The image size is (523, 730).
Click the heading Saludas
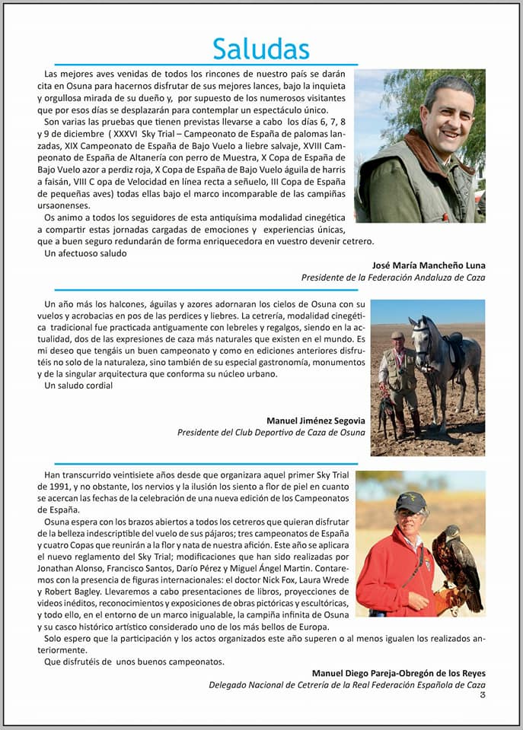point(261,49)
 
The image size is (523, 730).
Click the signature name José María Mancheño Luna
point(429,265)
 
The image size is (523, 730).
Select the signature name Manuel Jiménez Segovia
point(315,421)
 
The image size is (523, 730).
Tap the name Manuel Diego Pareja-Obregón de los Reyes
point(398,673)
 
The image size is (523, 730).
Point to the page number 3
point(483,693)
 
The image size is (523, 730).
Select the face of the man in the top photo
point(445,118)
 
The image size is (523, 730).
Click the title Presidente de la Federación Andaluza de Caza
point(393,278)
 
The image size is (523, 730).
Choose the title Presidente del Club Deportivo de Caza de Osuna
point(271,433)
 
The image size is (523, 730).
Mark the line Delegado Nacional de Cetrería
point(346,685)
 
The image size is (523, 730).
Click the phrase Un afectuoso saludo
point(86,253)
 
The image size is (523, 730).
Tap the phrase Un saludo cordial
point(78,386)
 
